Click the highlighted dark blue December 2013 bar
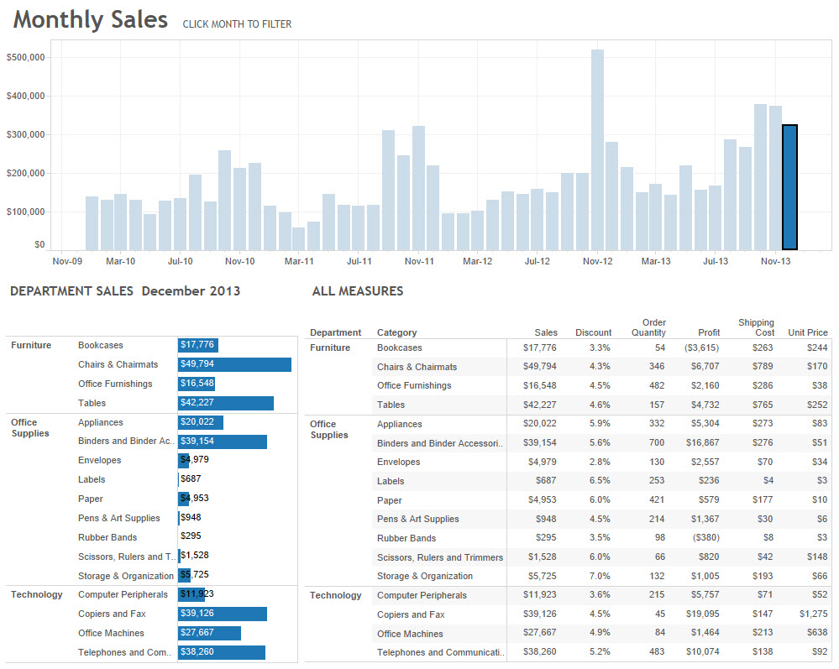click(789, 187)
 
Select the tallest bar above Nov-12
click(597, 149)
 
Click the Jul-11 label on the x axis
click(359, 261)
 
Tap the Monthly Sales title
click(91, 20)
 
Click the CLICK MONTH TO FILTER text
click(237, 24)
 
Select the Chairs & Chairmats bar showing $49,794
click(234, 364)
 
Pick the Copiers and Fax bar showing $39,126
click(223, 614)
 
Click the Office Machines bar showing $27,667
click(209, 633)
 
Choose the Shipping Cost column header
click(756, 327)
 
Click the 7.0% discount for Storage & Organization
click(599, 576)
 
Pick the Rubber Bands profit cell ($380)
click(702, 538)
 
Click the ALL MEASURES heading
click(357, 291)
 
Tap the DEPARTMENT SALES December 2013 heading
click(124, 291)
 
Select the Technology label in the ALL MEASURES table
click(335, 595)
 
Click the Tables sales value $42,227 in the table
click(539, 405)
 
